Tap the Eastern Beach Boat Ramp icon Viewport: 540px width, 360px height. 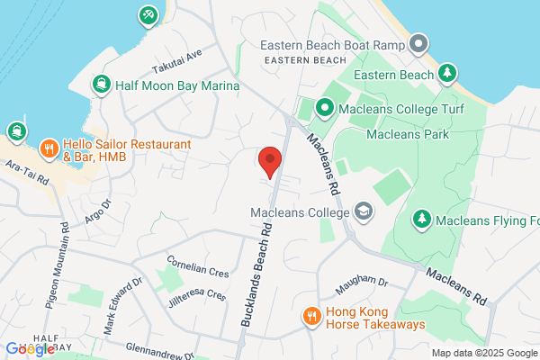[x=418, y=43]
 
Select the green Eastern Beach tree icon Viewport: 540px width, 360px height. [x=447, y=74]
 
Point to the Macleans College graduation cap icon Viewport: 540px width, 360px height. [x=363, y=211]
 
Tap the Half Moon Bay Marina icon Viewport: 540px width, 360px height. [x=102, y=85]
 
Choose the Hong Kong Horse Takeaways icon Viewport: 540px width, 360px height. [x=311, y=316]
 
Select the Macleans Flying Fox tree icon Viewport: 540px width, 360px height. [x=421, y=219]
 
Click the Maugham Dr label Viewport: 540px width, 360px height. [x=360, y=286]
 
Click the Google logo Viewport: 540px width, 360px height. [x=29, y=349]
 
